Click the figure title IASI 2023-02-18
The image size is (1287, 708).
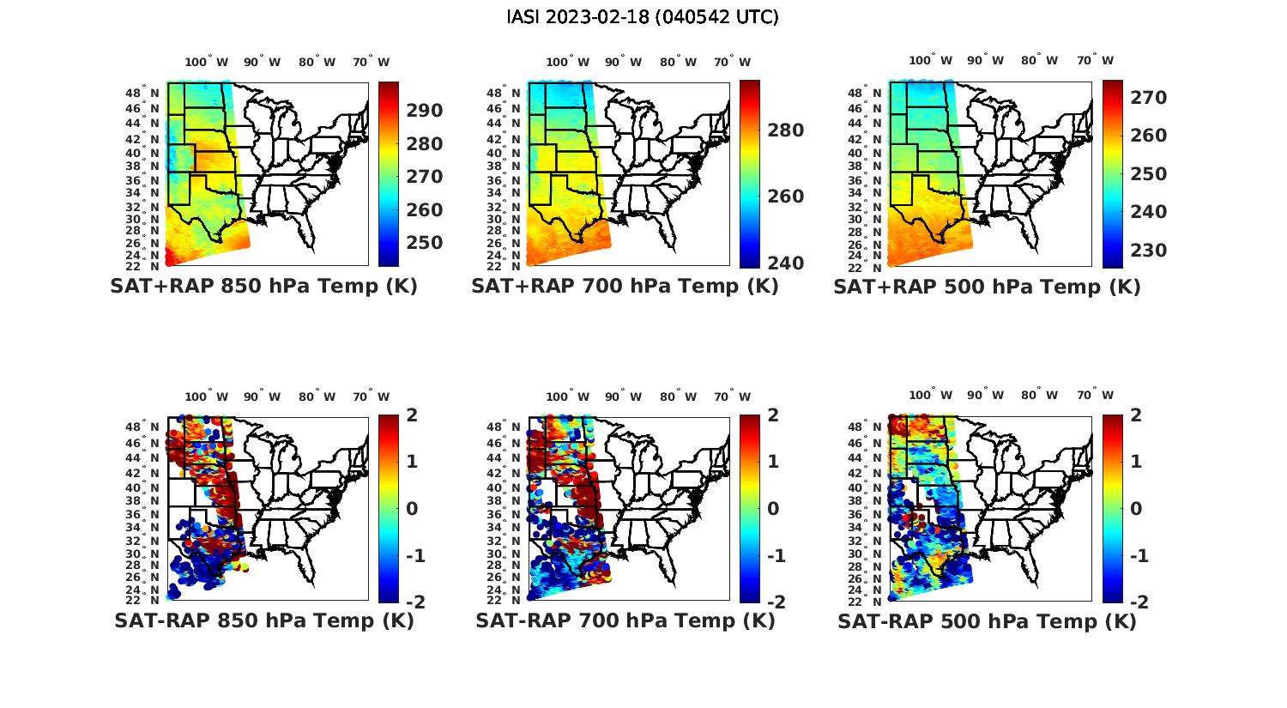[643, 17]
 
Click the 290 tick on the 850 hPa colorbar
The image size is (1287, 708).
[424, 111]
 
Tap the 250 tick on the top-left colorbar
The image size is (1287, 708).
[424, 243]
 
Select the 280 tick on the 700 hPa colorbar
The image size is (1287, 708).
[786, 130]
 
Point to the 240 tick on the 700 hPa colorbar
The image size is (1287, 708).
[786, 263]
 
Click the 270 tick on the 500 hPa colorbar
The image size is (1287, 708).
[1149, 98]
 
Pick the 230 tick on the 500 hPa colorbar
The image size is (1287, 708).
[1149, 251]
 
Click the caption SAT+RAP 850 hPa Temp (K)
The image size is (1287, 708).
[263, 287]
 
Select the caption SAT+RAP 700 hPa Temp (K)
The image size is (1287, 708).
[625, 287]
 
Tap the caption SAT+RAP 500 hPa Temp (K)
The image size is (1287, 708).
[987, 287]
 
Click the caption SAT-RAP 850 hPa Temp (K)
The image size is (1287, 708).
[263, 620]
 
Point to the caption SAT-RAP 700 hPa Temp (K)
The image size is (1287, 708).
[625, 620]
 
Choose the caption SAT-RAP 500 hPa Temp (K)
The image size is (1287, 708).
[987, 620]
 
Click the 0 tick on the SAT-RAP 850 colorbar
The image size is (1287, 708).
[411, 508]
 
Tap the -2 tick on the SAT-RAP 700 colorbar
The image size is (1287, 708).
[775, 602]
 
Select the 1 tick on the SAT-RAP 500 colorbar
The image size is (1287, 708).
[1136, 462]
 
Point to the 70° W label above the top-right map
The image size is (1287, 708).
[1095, 61]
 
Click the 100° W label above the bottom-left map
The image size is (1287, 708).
[206, 396]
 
